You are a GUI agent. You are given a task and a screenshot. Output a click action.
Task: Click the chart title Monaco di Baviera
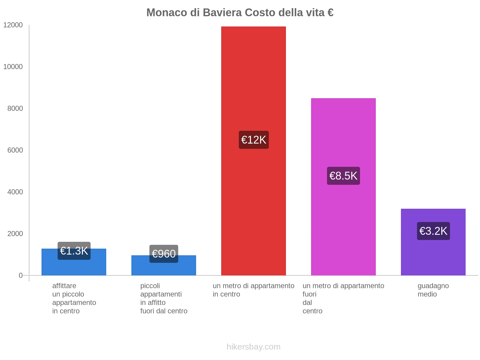tap(240, 13)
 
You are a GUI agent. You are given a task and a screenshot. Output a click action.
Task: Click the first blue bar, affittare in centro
tap(73, 267)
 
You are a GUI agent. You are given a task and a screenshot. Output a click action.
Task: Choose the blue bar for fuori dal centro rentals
tap(163, 268)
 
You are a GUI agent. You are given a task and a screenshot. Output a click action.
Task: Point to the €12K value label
tap(253, 140)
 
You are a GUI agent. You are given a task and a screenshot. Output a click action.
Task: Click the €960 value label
tap(163, 254)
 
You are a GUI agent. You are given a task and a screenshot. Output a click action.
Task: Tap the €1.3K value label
tap(74, 251)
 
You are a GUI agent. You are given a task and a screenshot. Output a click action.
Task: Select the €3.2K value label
tap(433, 231)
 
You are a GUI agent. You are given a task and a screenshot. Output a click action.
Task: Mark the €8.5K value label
tap(343, 176)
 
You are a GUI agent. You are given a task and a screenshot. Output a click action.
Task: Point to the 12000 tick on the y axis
tap(13, 25)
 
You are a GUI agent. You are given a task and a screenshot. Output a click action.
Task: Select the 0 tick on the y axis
tap(21, 275)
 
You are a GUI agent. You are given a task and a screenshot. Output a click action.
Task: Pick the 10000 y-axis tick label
tap(13, 67)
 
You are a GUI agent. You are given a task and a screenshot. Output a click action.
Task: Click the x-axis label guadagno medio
tap(433, 290)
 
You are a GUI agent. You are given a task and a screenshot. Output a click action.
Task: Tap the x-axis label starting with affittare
tap(74, 298)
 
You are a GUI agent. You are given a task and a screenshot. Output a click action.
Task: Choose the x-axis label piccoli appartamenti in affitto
tap(163, 298)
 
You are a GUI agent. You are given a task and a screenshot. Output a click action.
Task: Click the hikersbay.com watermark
tap(253, 347)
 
